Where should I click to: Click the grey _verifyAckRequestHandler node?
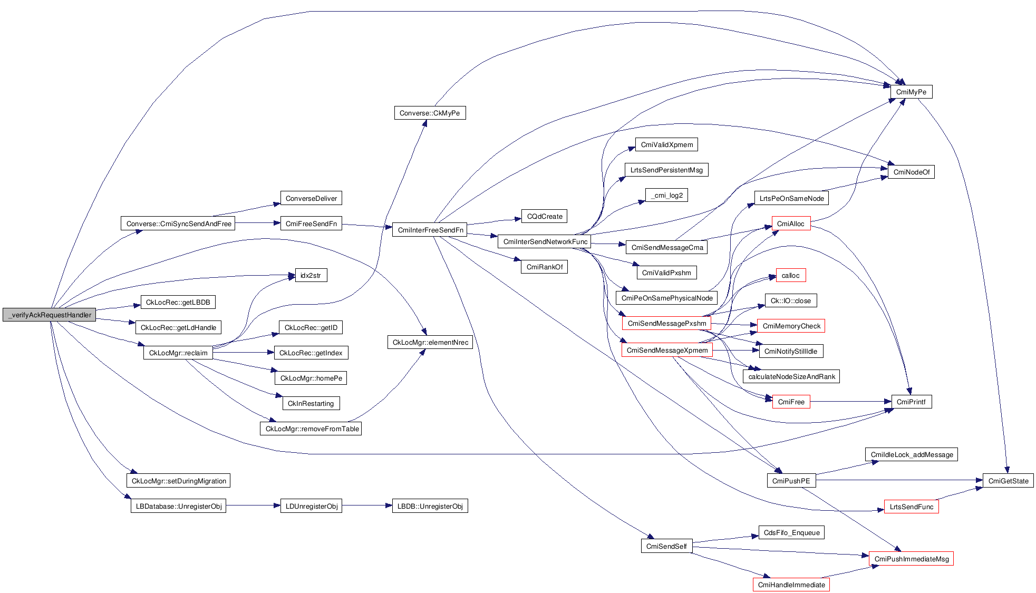pos(50,315)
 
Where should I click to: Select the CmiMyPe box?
pos(911,92)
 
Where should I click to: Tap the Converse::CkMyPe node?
pos(430,113)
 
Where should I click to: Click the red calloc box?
pos(790,275)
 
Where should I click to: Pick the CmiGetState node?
pos(1008,481)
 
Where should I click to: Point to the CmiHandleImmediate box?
pos(791,585)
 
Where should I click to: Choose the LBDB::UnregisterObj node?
pos(430,506)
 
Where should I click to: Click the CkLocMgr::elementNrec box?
pos(430,342)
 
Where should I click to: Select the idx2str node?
pos(311,275)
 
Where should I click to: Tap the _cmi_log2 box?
pos(666,195)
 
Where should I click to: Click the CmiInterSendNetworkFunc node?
pos(545,241)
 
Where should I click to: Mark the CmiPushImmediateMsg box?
pos(911,559)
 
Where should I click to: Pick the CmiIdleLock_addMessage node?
pos(912,454)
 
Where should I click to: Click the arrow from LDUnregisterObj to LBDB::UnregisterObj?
pos(366,506)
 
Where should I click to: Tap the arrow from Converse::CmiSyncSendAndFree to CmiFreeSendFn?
pos(257,223)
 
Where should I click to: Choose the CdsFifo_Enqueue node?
pos(791,532)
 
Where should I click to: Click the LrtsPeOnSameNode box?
pos(791,198)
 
